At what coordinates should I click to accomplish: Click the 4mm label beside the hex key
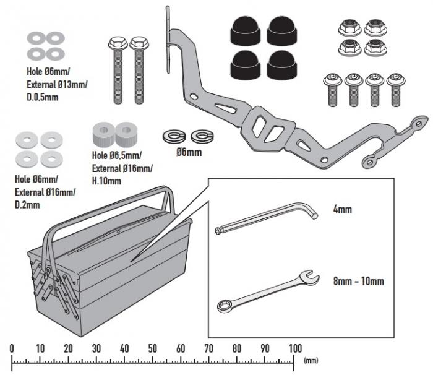(x=342, y=210)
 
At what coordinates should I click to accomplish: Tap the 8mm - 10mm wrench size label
(x=358, y=282)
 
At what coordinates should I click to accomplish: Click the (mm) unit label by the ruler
(x=311, y=360)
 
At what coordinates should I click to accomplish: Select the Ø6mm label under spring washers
(x=189, y=152)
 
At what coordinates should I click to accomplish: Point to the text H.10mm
(x=106, y=181)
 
